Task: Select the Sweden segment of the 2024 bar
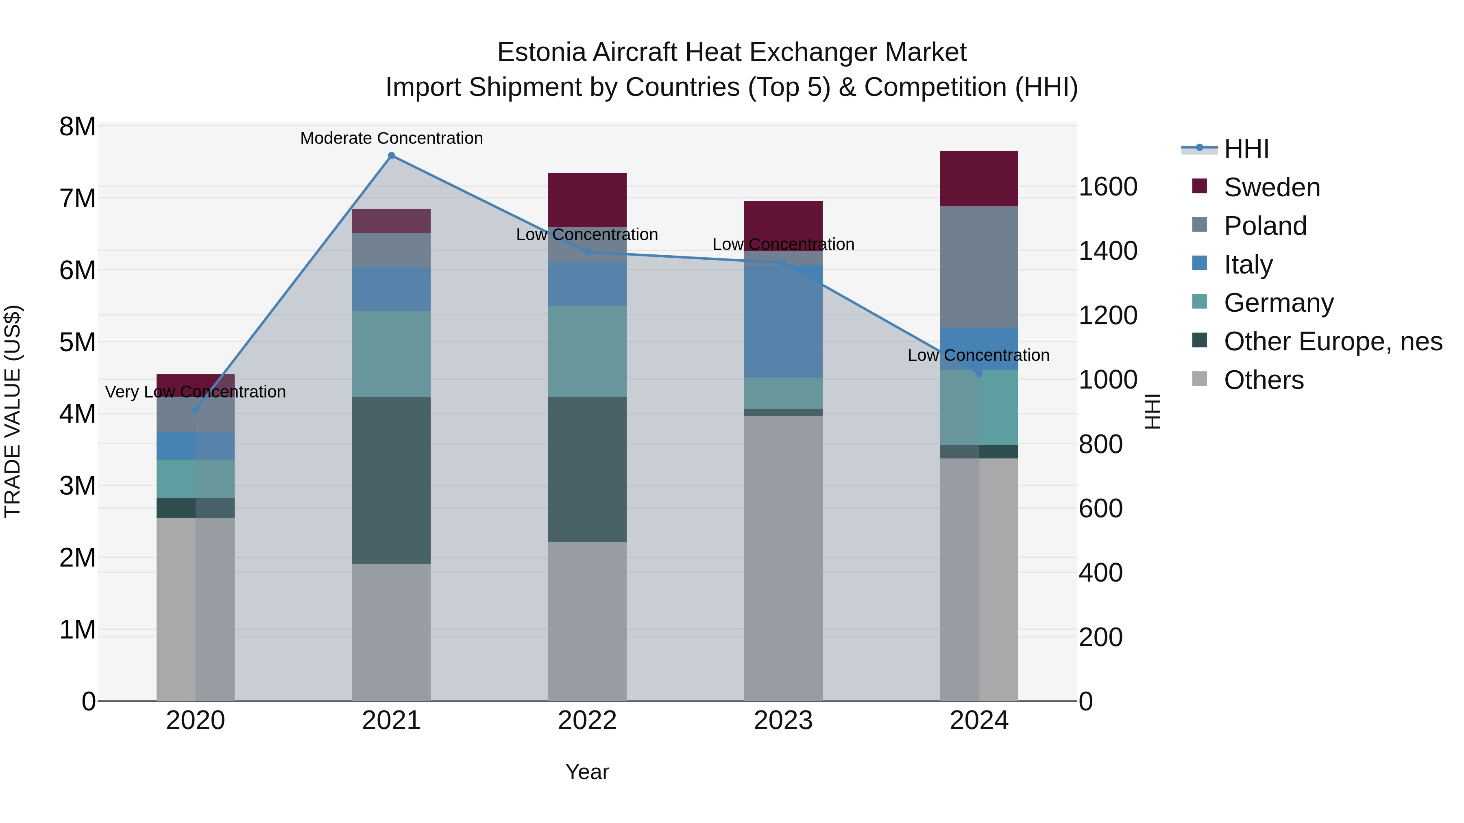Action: [979, 178]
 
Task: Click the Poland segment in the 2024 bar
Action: [979, 267]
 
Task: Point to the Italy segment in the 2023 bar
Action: [783, 321]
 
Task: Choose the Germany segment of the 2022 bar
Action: [587, 351]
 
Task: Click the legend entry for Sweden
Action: [1271, 187]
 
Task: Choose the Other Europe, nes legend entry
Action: [1333, 341]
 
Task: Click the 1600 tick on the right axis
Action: [1108, 187]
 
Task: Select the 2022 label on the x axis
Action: [587, 721]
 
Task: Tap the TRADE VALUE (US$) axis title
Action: [13, 411]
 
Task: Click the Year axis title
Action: [587, 772]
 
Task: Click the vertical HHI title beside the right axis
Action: [1152, 411]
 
